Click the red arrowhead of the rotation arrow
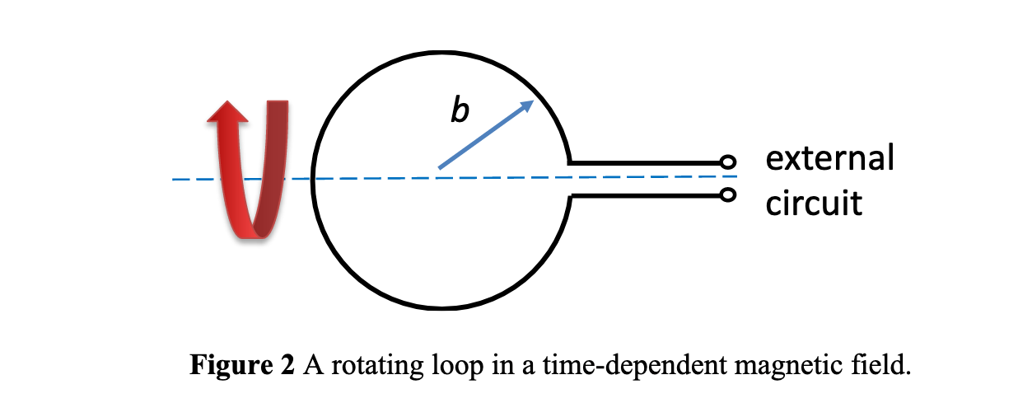tap(226, 113)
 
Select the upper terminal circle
tap(727, 162)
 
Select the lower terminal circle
tap(727, 194)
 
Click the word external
tap(829, 157)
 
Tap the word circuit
tap(814, 202)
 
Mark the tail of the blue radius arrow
tap(441, 167)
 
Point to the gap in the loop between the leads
tap(570, 179)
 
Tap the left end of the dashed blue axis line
tap(174, 179)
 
